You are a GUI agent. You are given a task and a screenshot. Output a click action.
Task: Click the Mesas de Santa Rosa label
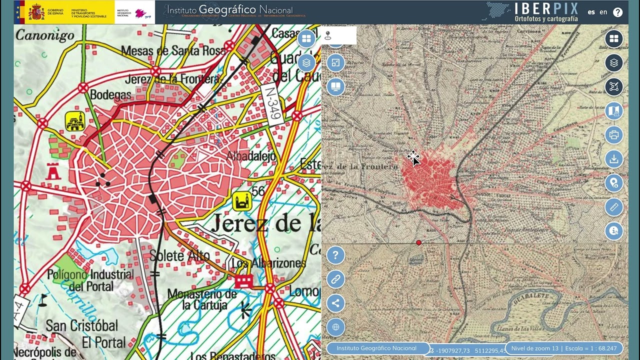pyautogui.click(x=173, y=50)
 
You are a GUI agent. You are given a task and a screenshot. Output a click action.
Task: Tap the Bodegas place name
pyautogui.click(x=110, y=94)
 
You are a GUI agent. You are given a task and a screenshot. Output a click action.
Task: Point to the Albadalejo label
pyautogui.click(x=251, y=156)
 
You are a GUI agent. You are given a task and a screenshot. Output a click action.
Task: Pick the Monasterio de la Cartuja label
pyautogui.click(x=197, y=299)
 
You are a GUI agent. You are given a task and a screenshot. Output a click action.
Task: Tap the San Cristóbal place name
pyautogui.click(x=82, y=326)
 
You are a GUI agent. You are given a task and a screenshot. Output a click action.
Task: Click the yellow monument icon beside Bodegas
pyautogui.click(x=74, y=121)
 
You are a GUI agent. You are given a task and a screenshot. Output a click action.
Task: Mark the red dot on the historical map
pyautogui.click(x=418, y=242)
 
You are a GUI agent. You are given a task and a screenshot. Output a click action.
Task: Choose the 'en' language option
pyautogui.click(x=603, y=12)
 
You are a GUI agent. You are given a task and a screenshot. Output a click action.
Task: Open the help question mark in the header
pyautogui.click(x=618, y=12)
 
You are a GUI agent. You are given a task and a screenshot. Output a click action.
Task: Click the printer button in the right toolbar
pyautogui.click(x=614, y=135)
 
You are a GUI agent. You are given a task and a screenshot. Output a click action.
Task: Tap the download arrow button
pyautogui.click(x=614, y=159)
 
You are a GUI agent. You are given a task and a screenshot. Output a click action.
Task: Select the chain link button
pyautogui.click(x=335, y=279)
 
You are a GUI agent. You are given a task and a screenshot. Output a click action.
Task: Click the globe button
pyautogui.click(x=335, y=327)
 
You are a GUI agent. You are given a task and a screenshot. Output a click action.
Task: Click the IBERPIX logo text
pyautogui.click(x=546, y=8)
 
